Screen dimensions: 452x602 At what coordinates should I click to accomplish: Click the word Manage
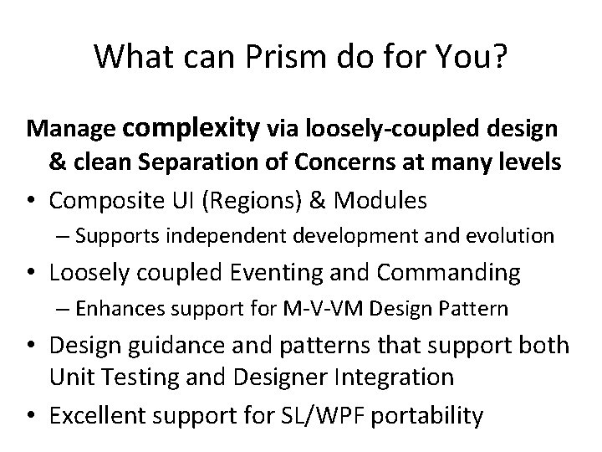coord(70,131)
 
